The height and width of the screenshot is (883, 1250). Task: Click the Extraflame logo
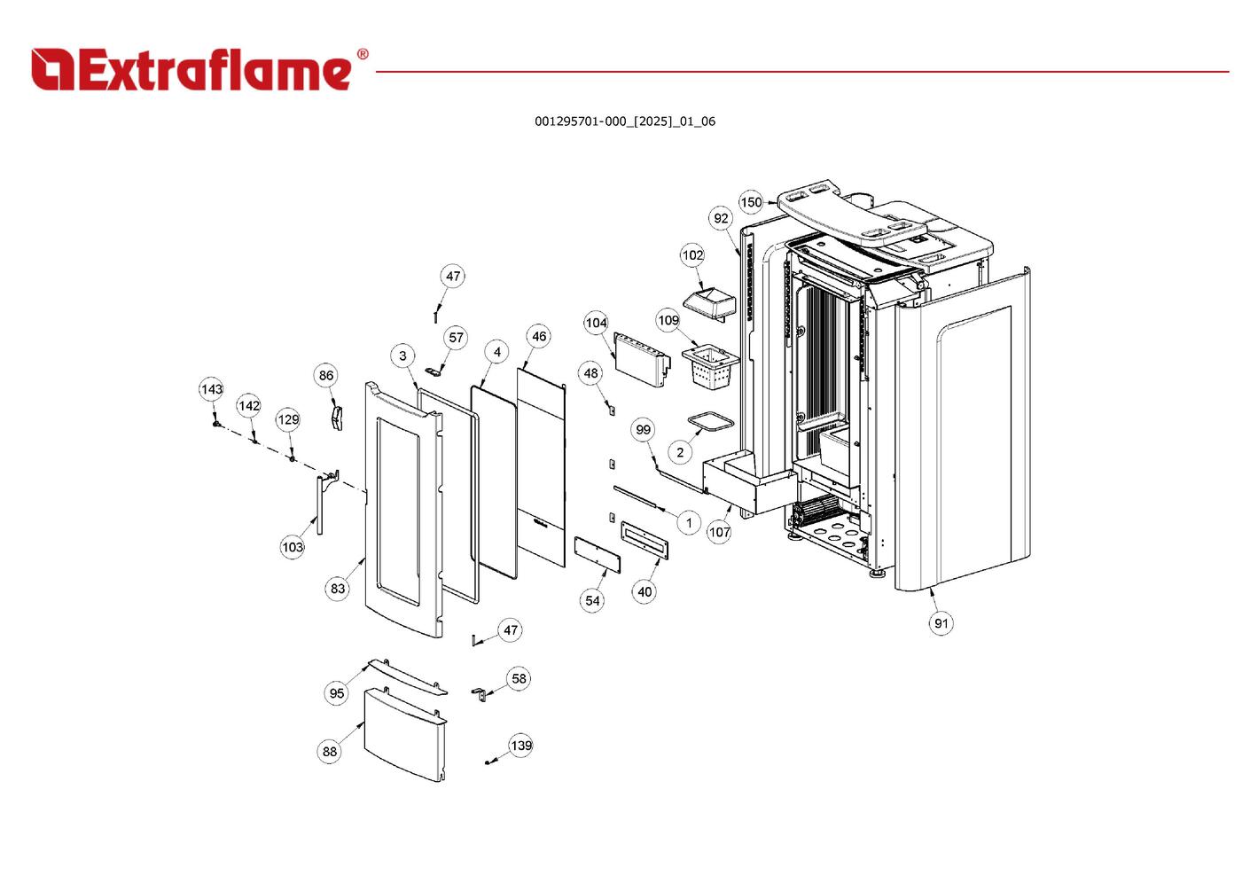191,69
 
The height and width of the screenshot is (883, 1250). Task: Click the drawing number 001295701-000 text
624,121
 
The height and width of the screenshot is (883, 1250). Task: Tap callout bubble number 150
751,202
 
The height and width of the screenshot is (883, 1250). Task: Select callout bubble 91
941,623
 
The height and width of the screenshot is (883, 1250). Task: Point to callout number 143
211,389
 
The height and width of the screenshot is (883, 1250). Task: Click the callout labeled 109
668,320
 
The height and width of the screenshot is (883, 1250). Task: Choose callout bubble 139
521,746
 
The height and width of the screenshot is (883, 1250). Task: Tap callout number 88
330,752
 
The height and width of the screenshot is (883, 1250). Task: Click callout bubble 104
596,323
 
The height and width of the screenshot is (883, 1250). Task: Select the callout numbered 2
680,452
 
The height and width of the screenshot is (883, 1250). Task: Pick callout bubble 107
719,532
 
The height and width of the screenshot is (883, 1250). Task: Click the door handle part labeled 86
336,417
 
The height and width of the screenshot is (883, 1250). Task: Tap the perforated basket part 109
710,364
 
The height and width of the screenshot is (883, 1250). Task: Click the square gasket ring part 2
711,422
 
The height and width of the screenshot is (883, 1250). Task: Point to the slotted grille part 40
645,539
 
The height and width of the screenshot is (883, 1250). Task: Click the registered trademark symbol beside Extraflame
362,55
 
